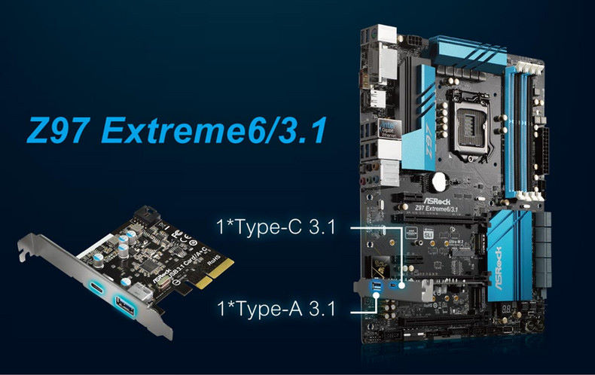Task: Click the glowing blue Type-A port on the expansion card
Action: (x=125, y=304)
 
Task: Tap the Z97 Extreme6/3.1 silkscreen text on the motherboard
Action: (x=439, y=208)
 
